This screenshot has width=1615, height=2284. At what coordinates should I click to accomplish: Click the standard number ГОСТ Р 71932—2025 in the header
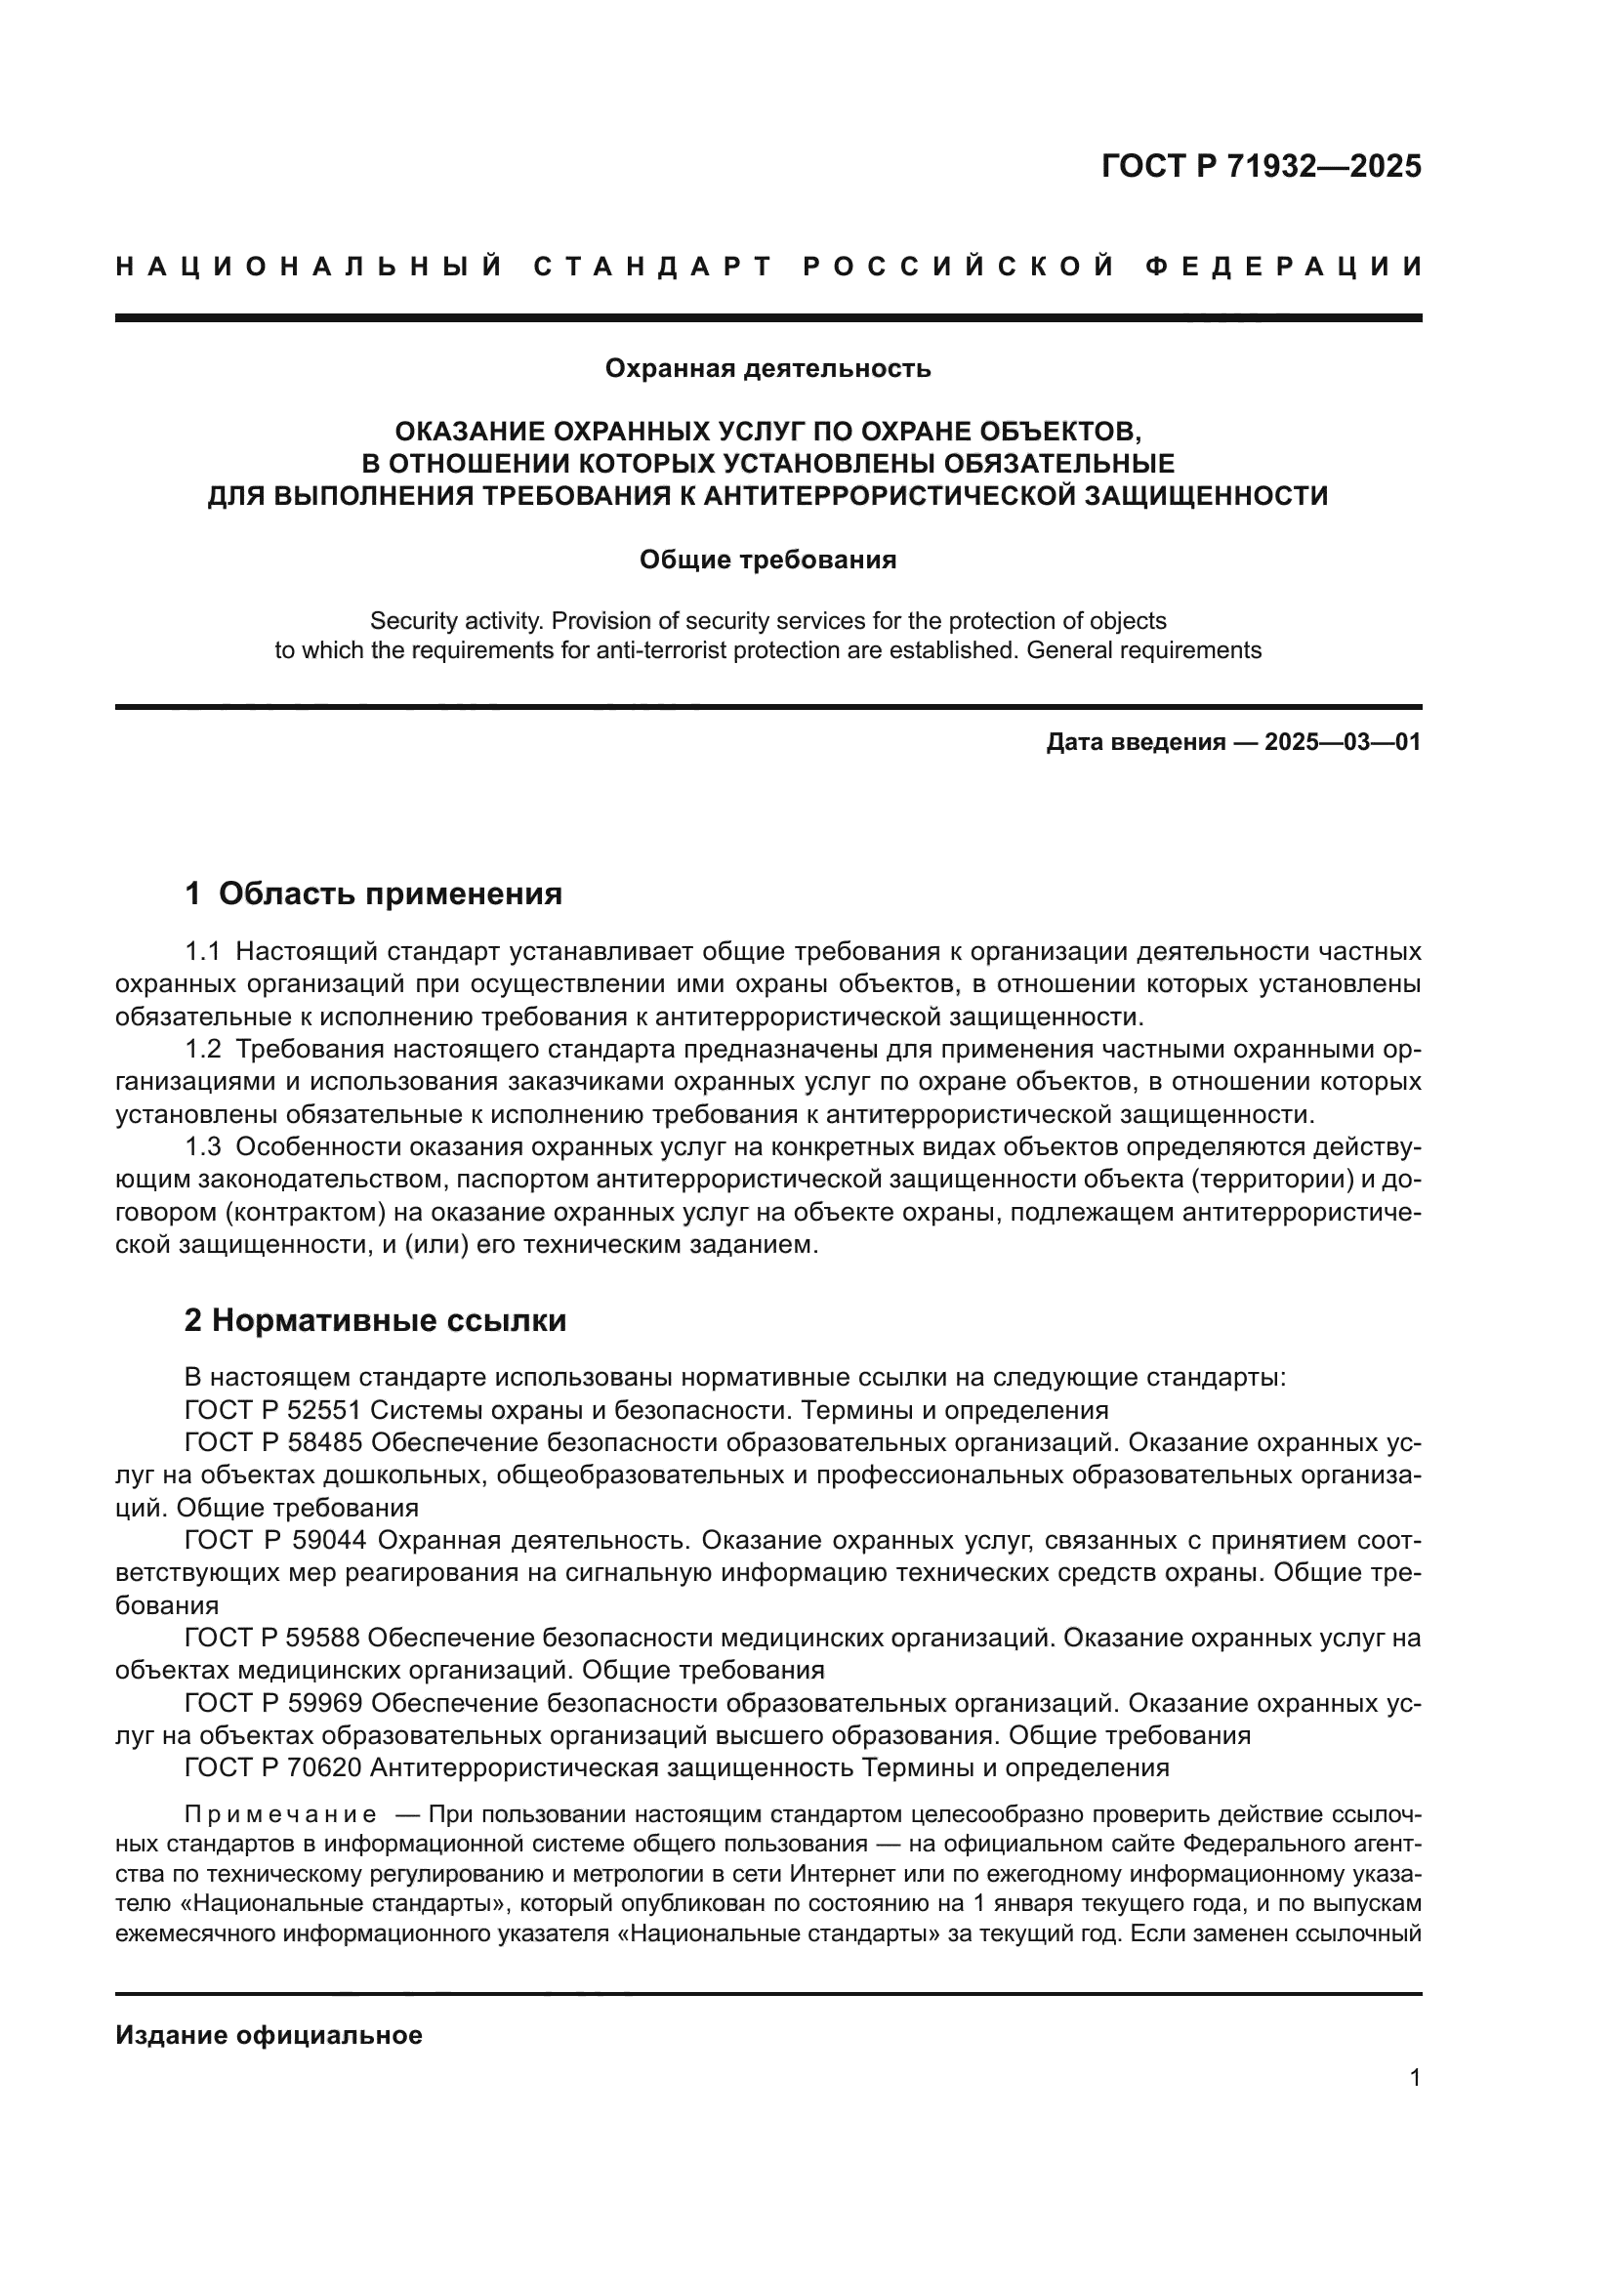[1260, 167]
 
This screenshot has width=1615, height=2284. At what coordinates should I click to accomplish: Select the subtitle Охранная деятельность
[767, 369]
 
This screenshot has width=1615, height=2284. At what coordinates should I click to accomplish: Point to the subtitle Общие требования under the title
[767, 561]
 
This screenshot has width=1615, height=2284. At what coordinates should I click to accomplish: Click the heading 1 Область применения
[374, 893]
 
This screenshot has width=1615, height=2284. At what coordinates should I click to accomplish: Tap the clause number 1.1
[203, 952]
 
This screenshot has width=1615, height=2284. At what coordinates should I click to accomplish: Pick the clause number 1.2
[203, 1050]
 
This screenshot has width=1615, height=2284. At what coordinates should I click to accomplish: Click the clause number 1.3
[203, 1147]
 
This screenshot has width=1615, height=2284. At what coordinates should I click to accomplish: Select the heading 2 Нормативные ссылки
[375, 1320]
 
